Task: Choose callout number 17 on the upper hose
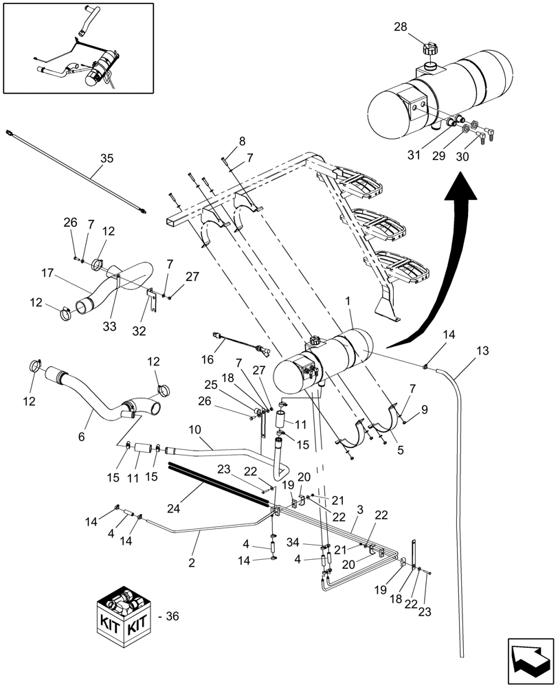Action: click(x=47, y=273)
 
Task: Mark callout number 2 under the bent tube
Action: click(x=192, y=562)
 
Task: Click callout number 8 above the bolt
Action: click(x=242, y=142)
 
